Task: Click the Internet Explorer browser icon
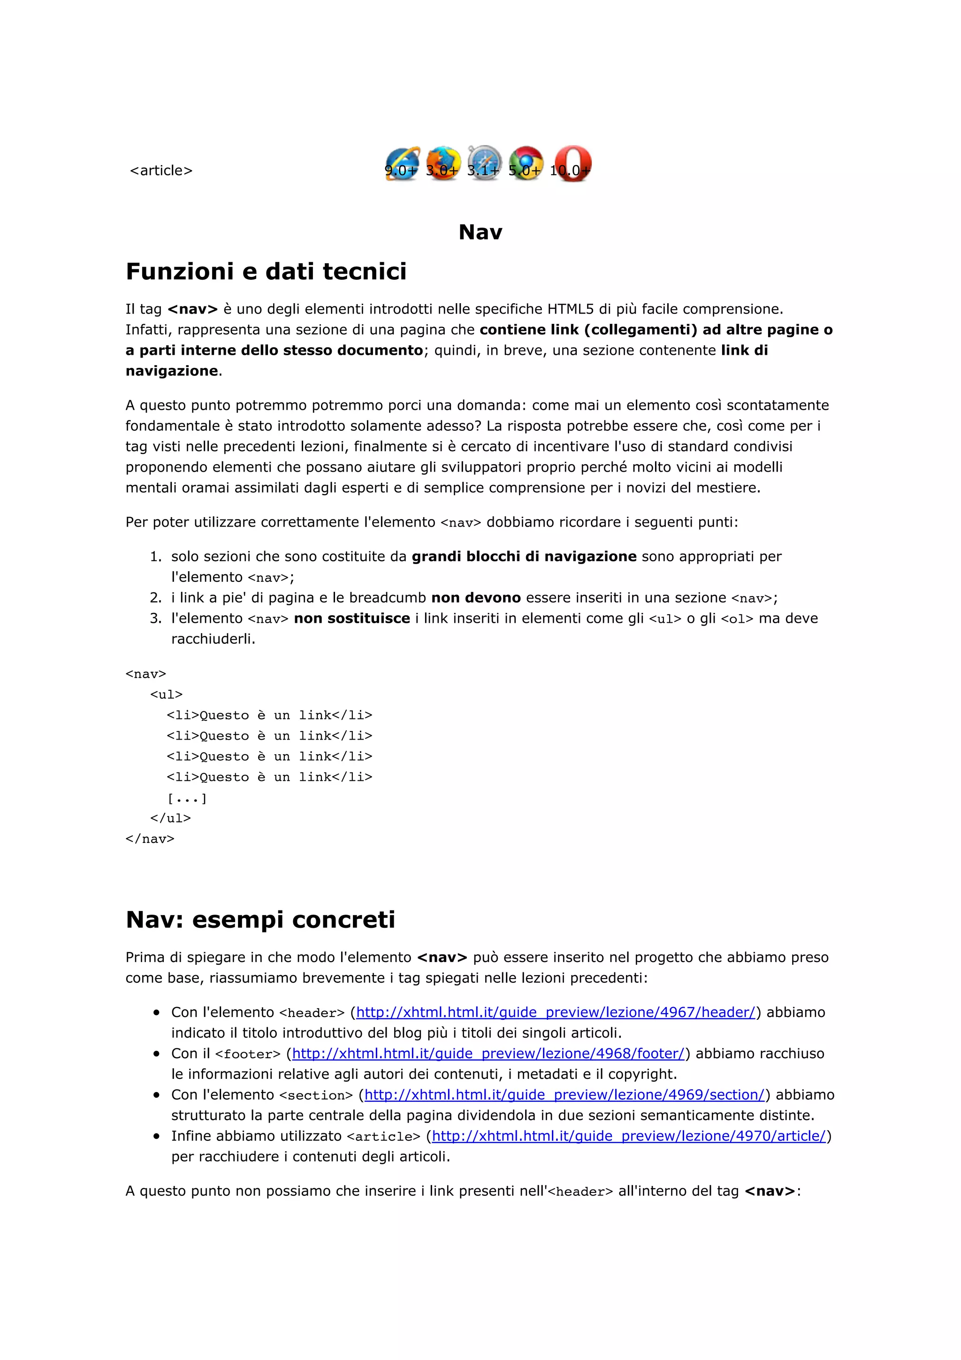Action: (402, 163)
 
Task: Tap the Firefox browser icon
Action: (443, 163)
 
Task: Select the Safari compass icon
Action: (484, 163)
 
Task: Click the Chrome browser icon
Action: (526, 163)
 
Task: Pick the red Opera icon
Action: (572, 163)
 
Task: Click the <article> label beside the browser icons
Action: (161, 171)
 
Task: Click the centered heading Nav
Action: (480, 232)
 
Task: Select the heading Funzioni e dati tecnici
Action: (266, 271)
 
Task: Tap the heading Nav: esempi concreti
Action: (260, 919)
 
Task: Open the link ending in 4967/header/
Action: (556, 1012)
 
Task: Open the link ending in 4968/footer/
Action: (488, 1053)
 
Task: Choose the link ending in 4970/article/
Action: (628, 1136)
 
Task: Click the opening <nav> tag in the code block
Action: (145, 673)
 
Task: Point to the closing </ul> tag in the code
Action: (170, 818)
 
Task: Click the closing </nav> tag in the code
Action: (150, 838)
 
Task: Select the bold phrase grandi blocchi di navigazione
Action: (523, 556)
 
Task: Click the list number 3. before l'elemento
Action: (155, 619)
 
